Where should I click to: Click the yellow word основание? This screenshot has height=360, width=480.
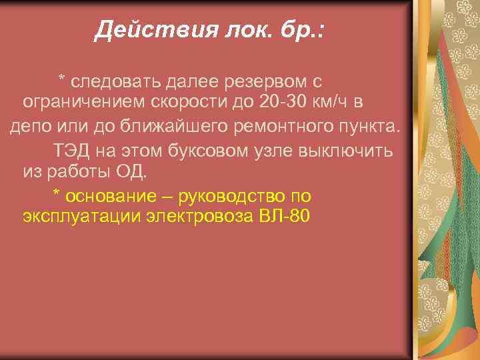coord(117,196)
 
